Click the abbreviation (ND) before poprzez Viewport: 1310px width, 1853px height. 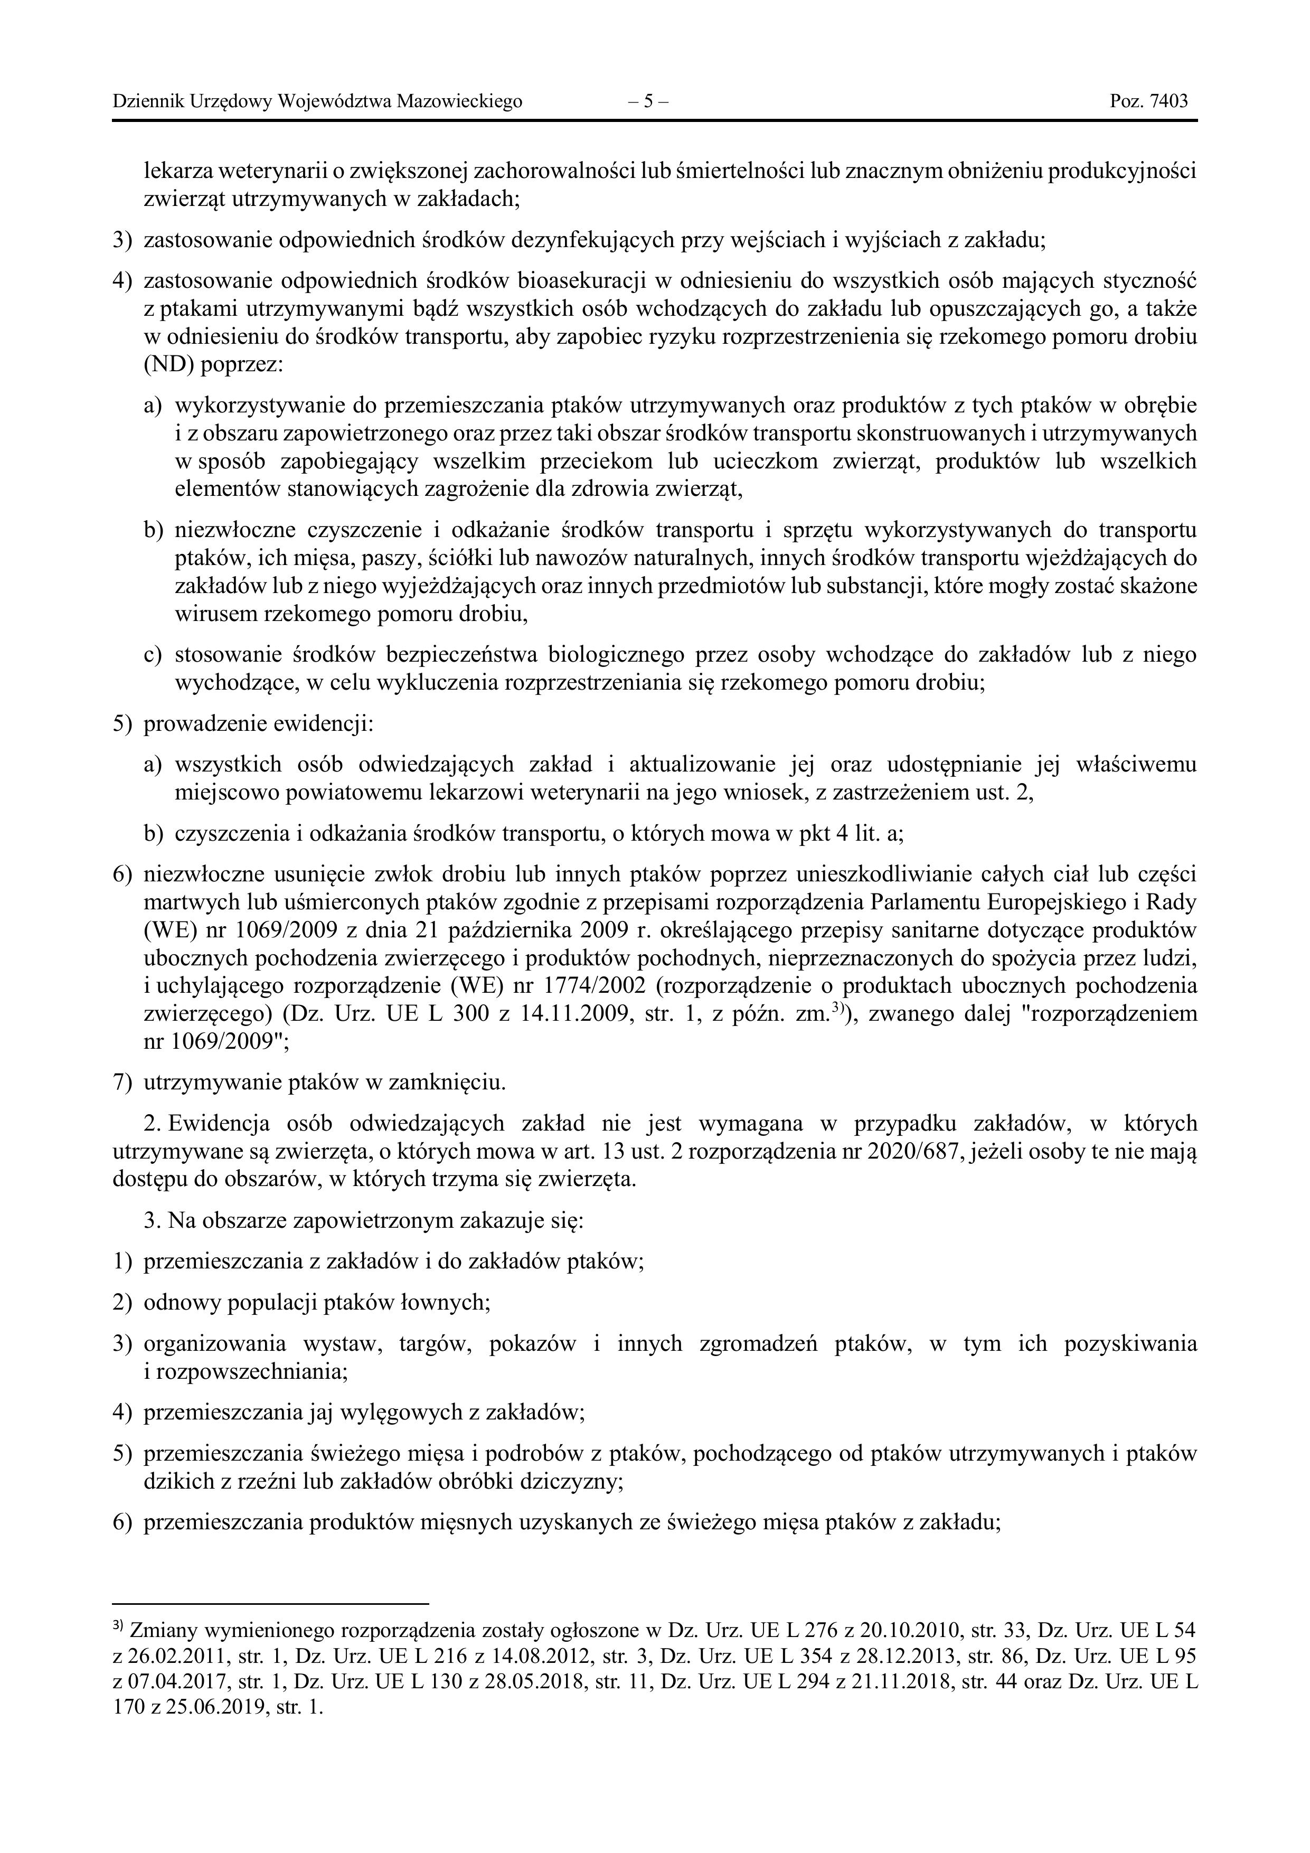pos(168,365)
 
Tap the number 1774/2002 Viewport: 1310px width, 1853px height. pos(580,986)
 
